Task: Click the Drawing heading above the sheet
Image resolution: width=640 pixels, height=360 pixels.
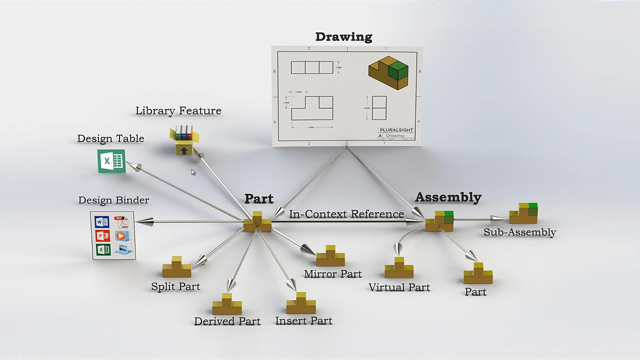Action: [x=343, y=37]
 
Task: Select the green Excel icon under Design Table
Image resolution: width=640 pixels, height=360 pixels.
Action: [x=111, y=161]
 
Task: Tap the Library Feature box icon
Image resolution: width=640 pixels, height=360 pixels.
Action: [x=184, y=140]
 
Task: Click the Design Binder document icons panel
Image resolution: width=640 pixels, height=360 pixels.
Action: [x=113, y=235]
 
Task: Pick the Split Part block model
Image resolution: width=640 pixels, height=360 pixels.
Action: [x=176, y=267]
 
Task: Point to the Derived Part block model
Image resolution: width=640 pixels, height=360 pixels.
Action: [x=227, y=304]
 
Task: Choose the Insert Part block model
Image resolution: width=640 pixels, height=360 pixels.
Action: [x=301, y=303]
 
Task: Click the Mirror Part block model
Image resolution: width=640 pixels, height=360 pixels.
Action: [x=330, y=256]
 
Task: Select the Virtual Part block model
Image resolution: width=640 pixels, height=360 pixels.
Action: [x=399, y=268]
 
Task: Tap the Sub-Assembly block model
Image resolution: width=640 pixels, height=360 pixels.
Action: [x=523, y=213]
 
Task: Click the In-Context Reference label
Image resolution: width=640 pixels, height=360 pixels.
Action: [x=346, y=214]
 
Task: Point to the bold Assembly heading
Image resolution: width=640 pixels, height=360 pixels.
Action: [x=448, y=197]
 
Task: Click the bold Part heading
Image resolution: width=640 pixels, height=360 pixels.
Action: [x=259, y=198]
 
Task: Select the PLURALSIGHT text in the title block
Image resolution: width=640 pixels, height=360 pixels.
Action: [x=396, y=130]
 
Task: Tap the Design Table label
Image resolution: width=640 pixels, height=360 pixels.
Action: [x=110, y=138]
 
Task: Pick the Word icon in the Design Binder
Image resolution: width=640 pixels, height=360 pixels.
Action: [x=102, y=222]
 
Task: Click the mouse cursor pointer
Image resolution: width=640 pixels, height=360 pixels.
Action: [x=192, y=172]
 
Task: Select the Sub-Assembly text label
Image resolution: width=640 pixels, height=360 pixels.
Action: [x=519, y=232]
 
